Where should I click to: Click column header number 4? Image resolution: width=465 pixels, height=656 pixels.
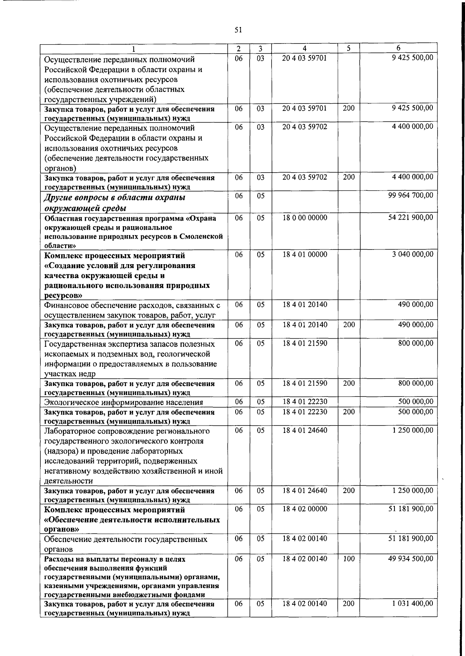[305, 48]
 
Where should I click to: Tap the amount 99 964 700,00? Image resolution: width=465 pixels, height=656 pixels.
[410, 195]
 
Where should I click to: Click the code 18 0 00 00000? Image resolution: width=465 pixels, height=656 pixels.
[305, 218]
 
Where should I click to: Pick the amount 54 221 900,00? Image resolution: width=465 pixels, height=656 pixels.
[410, 218]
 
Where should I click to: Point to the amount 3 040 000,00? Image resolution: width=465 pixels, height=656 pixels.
[412, 254]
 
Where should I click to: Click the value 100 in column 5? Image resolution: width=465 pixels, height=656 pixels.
[349, 559]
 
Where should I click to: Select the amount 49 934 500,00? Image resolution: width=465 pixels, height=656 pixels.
[410, 559]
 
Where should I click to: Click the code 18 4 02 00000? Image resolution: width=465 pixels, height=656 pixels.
[305, 509]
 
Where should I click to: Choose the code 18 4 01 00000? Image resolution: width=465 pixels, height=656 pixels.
[305, 254]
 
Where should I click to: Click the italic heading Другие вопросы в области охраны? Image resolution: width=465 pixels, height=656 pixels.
[115, 197]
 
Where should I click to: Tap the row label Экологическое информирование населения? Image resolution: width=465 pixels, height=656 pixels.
[124, 402]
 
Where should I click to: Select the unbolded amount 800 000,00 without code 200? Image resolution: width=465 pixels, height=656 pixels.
[415, 343]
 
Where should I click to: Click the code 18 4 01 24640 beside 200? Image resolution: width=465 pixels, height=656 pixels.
[305, 491]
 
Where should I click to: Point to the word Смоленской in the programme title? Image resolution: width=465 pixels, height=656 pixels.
[204, 236]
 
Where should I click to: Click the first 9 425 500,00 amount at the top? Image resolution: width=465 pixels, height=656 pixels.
[412, 58]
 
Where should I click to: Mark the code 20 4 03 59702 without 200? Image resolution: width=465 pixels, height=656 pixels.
[305, 126]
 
